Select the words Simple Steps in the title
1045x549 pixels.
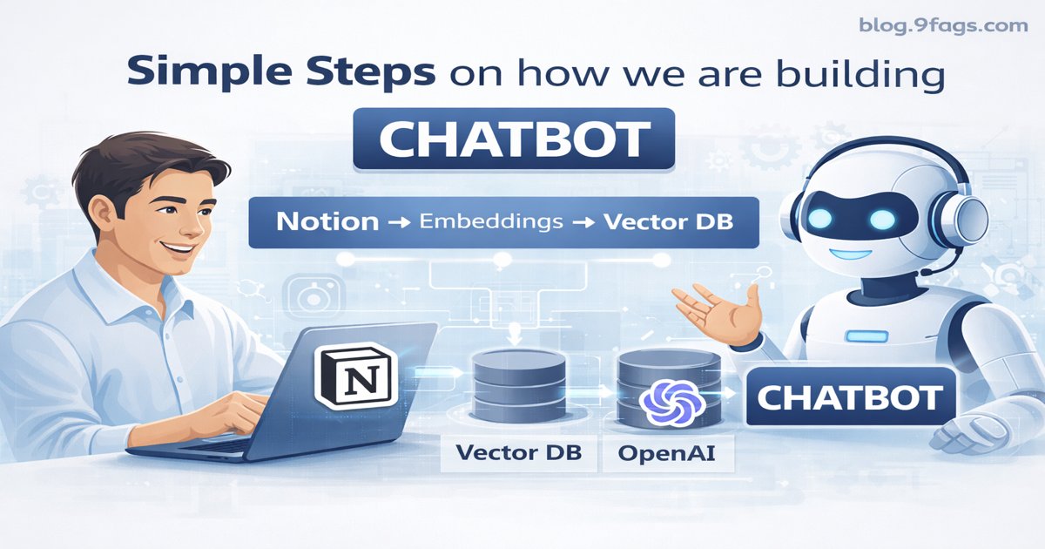pyautogui.click(x=280, y=72)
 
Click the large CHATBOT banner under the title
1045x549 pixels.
pyautogui.click(x=514, y=138)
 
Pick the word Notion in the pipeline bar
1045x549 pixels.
pyautogui.click(x=327, y=221)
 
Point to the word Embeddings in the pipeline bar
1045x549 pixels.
pyautogui.click(x=490, y=221)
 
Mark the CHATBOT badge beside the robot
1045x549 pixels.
pyautogui.click(x=848, y=398)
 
